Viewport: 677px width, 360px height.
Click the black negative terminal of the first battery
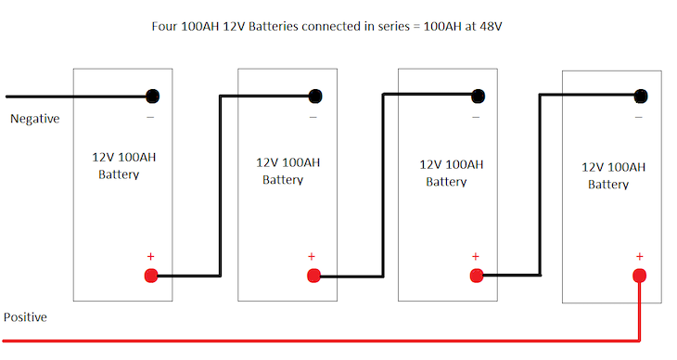(x=151, y=96)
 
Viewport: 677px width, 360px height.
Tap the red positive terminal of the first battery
(x=150, y=276)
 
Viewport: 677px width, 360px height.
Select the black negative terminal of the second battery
(x=315, y=96)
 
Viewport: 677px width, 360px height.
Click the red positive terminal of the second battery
(x=313, y=276)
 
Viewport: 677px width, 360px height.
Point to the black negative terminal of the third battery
(x=478, y=96)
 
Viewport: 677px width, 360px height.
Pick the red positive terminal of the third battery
(x=477, y=276)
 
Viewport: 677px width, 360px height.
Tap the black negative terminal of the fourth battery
(x=640, y=96)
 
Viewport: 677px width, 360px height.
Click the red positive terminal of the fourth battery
(x=639, y=276)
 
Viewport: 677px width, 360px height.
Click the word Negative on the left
(x=34, y=119)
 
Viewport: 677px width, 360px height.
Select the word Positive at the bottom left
(x=25, y=317)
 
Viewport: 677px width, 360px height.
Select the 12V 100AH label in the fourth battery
(x=613, y=167)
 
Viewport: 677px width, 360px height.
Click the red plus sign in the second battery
(x=311, y=256)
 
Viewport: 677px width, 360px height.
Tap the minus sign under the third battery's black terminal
(x=476, y=117)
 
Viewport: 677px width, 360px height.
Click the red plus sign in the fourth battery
(x=639, y=256)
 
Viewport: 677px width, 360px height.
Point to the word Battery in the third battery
(x=446, y=182)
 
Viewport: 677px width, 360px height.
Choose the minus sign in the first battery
(x=150, y=117)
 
